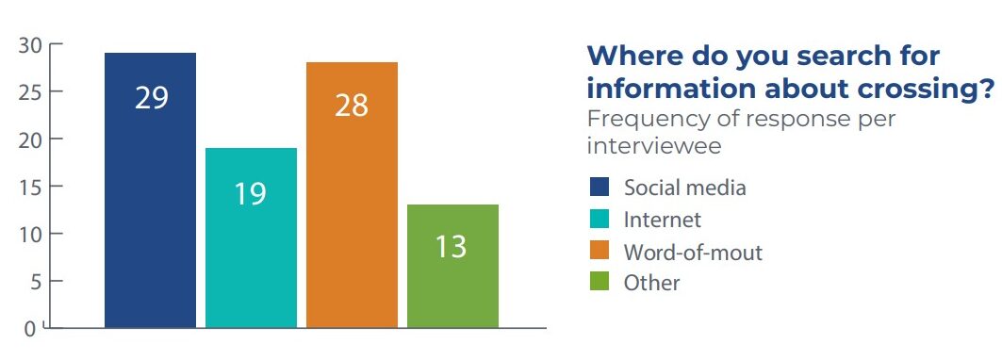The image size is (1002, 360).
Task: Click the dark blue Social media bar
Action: coord(150,190)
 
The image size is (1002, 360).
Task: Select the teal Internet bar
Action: coord(251,237)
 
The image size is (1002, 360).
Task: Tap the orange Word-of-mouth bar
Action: coord(353,195)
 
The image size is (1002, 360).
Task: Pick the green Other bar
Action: coord(453,266)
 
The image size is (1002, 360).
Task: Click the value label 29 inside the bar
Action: coord(152,98)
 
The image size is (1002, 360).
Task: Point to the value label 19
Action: coord(251,194)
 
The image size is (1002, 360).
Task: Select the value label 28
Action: coord(352,106)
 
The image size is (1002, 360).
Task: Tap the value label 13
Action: coord(452,247)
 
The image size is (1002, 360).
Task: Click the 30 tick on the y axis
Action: coord(31,44)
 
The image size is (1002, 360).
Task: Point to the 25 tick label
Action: coord(31,92)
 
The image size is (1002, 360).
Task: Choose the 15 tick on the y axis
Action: coord(31,187)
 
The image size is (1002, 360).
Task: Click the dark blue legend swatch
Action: coord(600,187)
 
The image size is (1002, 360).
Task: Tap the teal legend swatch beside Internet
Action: coord(600,219)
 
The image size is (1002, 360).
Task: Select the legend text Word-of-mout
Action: coord(694,253)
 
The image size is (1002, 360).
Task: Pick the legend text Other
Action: coord(651,283)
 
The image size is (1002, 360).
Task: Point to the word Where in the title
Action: coord(631,56)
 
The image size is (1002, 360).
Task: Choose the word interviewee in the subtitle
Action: coord(654,146)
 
